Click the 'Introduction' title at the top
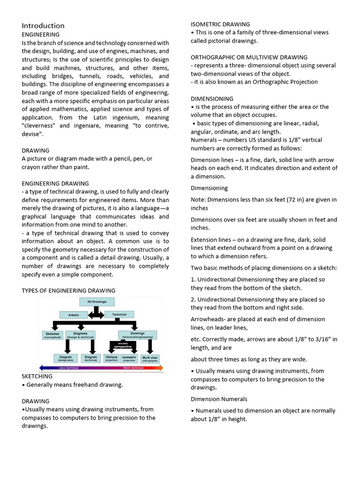pyautogui.click(x=43, y=25)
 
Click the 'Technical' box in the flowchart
pyautogui.click(x=119, y=315)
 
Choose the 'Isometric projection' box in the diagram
pyautogui.click(x=129, y=359)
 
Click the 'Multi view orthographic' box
pyautogui.click(x=150, y=359)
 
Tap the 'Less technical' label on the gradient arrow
pyautogui.click(x=68, y=368)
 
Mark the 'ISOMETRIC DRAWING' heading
pyautogui.click(x=220, y=24)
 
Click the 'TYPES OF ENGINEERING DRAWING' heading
pyautogui.click(x=68, y=291)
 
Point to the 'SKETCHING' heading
pyautogui.click(x=37, y=376)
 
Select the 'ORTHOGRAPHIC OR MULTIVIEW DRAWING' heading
pyautogui.click(x=249, y=57)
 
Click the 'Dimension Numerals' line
pyautogui.click(x=219, y=399)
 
